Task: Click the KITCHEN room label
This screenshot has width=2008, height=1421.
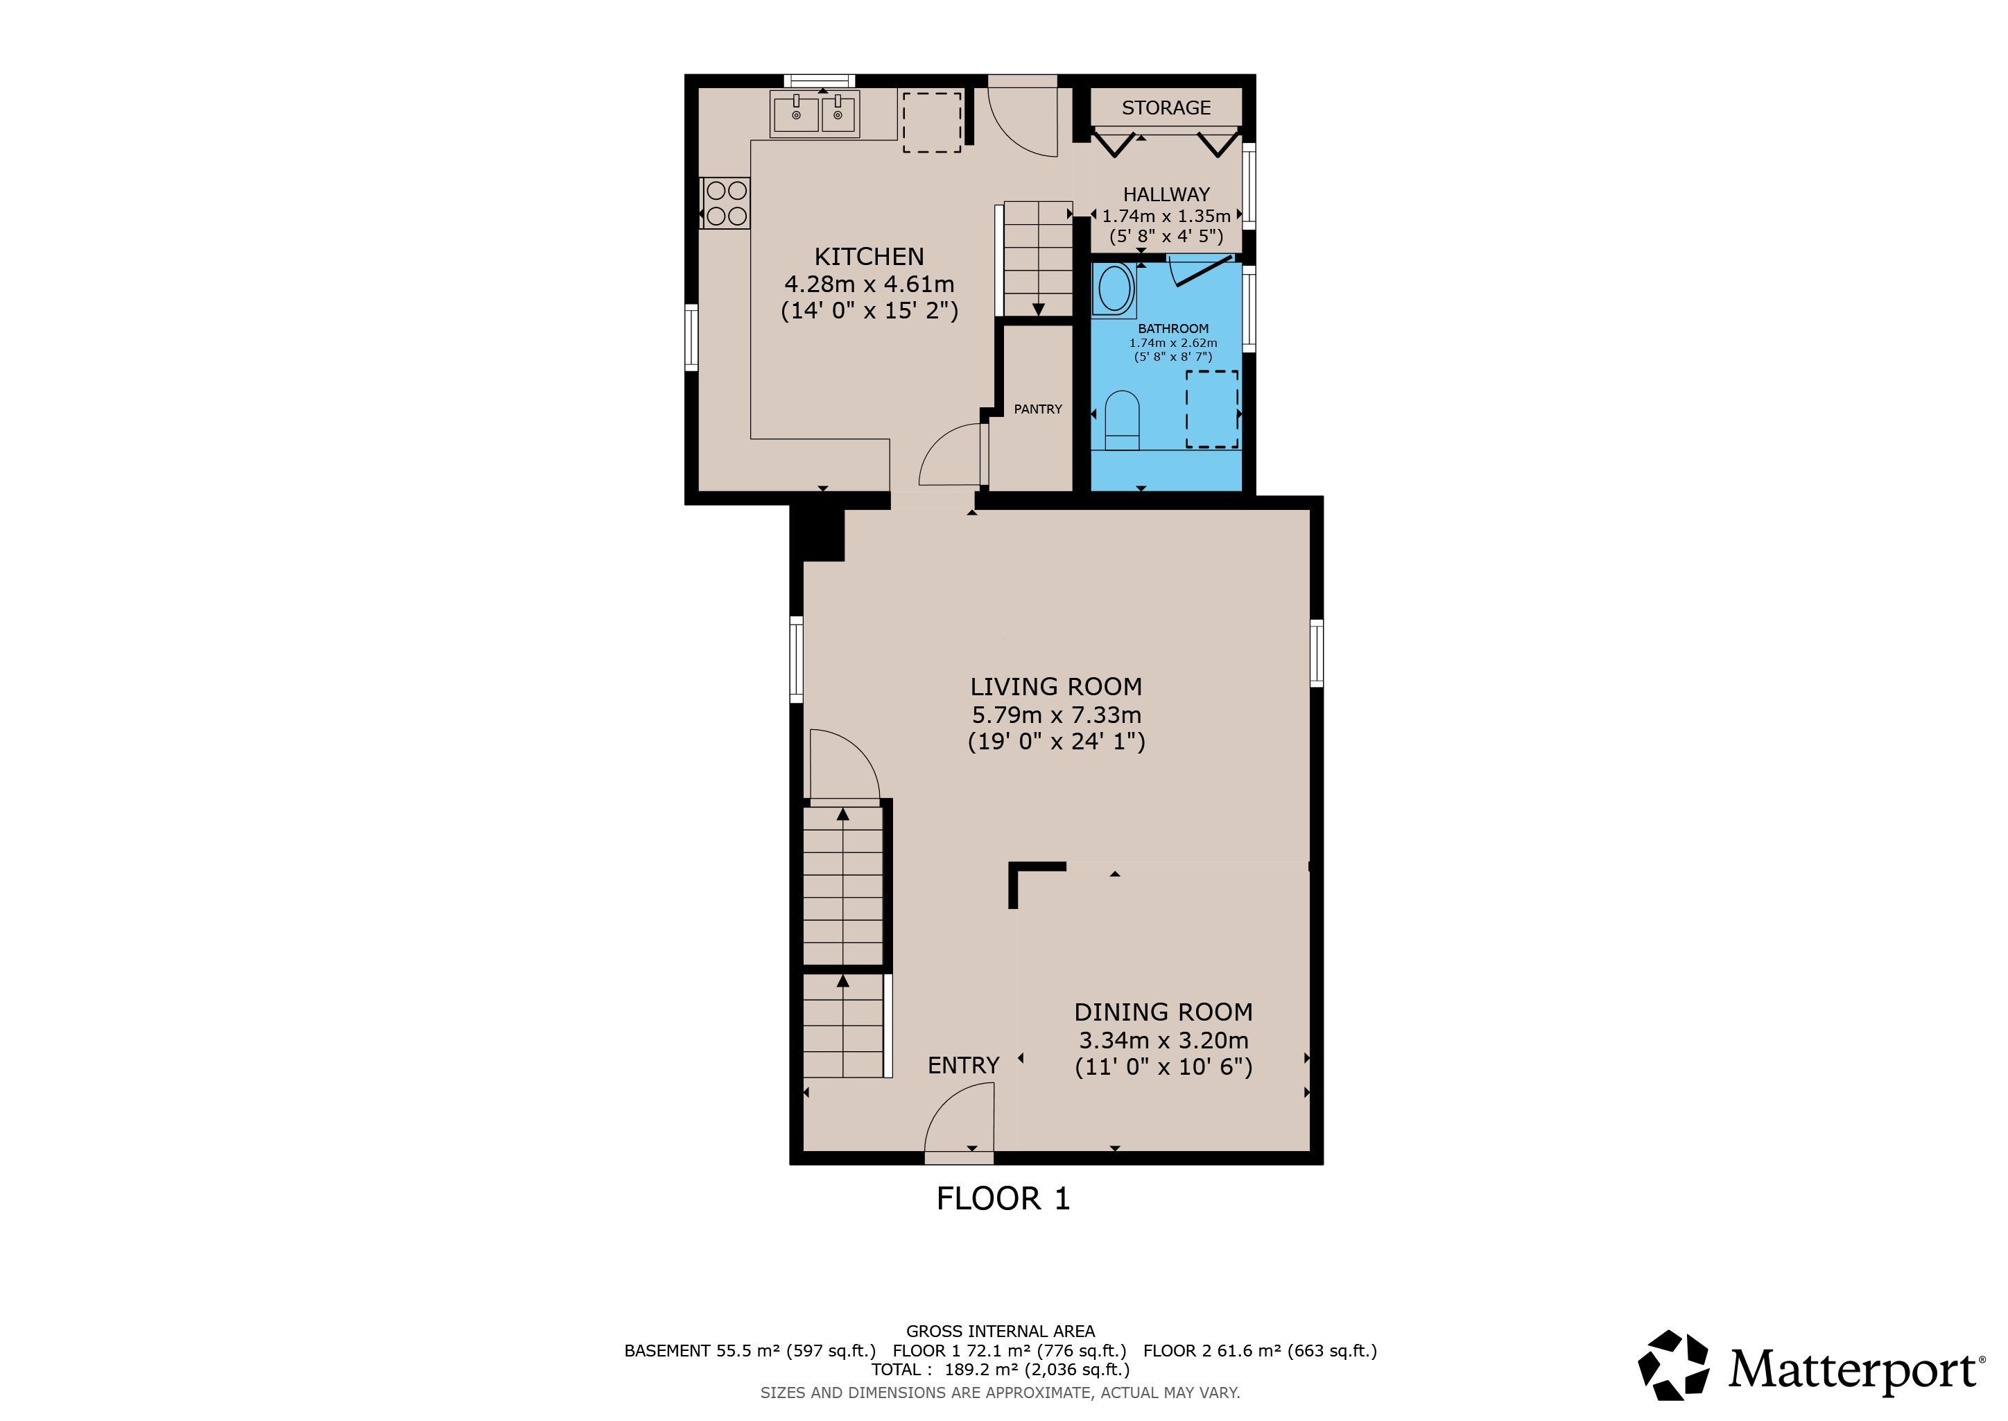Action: (x=869, y=256)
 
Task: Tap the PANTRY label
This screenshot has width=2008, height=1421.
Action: (x=1038, y=409)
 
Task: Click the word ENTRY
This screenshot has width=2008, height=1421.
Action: (x=963, y=1065)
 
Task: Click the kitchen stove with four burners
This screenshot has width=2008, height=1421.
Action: (x=726, y=203)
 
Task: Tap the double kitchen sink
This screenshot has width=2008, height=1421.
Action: (x=815, y=114)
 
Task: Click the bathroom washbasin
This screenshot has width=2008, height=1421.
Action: (x=1114, y=289)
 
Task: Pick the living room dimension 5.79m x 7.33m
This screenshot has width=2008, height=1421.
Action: (x=1055, y=714)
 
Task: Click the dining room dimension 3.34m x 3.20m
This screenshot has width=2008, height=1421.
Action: (x=1163, y=1039)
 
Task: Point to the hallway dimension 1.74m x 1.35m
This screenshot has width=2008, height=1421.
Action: (x=1166, y=215)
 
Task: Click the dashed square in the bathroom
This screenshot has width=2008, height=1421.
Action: (x=1211, y=409)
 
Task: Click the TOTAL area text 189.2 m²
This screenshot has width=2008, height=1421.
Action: (x=1000, y=1370)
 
